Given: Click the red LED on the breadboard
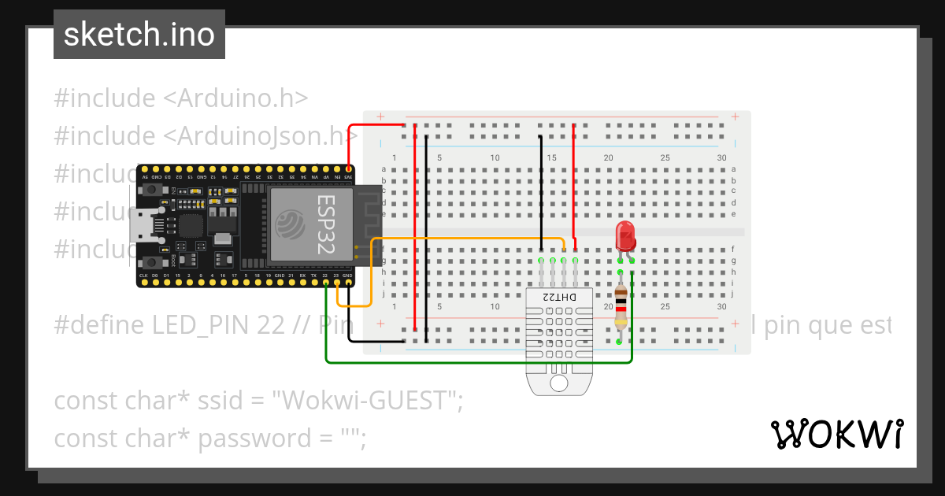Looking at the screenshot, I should pyautogui.click(x=624, y=234).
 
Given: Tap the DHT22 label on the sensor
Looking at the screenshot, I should pyautogui.click(x=558, y=297).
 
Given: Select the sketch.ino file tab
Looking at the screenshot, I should pyautogui.click(x=139, y=35).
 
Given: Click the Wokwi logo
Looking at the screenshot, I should pyautogui.click(x=836, y=434).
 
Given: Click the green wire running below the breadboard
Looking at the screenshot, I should pyautogui.click(x=472, y=363).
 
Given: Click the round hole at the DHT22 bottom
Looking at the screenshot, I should pyautogui.click(x=558, y=383).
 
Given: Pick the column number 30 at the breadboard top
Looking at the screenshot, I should pyautogui.click(x=722, y=157).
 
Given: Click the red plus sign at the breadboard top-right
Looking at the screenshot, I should pyautogui.click(x=735, y=117).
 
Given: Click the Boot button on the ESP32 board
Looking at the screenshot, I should pyautogui.click(x=149, y=261).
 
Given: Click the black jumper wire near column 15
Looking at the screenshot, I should pyautogui.click(x=541, y=189).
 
